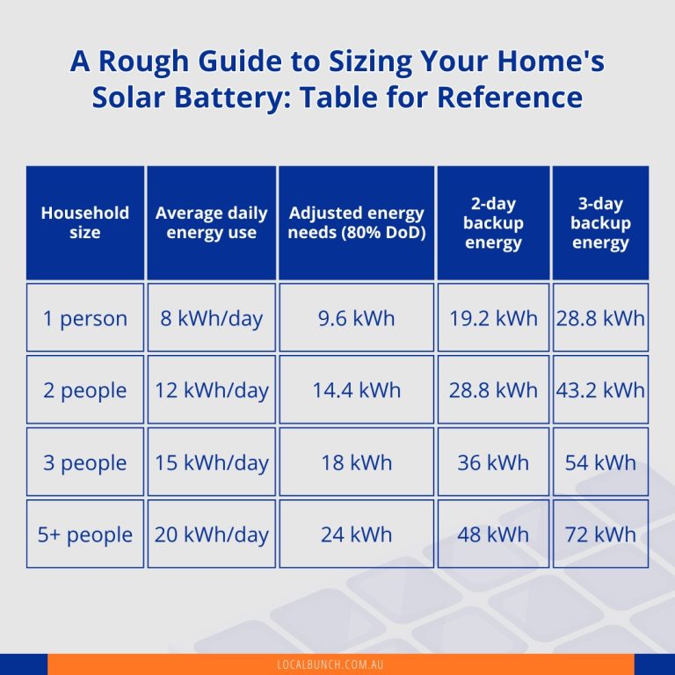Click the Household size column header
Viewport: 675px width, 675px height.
point(85,222)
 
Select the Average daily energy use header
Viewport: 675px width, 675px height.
point(212,222)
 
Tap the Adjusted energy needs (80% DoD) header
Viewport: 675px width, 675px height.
point(356,222)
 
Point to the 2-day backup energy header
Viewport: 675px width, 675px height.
point(493,223)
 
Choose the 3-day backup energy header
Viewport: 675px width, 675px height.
point(600,223)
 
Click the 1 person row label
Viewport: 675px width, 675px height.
point(85,317)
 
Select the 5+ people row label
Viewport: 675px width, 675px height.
point(85,534)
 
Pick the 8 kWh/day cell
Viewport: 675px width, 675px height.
point(212,317)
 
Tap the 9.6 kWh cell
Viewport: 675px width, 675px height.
point(356,317)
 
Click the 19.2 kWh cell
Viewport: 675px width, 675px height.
point(493,317)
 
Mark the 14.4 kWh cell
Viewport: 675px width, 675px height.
point(356,389)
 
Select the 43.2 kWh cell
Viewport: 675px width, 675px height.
point(600,389)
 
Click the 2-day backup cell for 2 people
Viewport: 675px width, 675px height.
point(493,389)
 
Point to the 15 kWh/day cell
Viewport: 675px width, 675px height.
point(212,462)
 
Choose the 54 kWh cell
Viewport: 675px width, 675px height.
point(600,462)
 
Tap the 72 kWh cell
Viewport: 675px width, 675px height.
point(600,534)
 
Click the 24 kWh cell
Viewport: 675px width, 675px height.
point(356,534)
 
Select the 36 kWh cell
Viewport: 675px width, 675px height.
point(493,462)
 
